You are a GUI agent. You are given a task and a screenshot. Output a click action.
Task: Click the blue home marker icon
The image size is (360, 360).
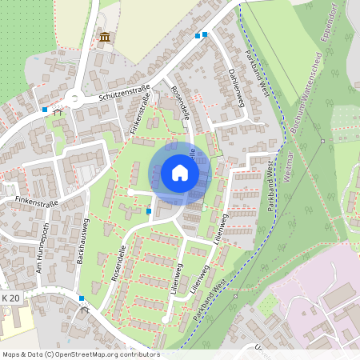(x=180, y=173)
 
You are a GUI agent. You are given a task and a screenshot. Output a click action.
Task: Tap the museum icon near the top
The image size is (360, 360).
(x=105, y=37)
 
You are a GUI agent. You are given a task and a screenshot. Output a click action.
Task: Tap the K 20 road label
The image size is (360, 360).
(x=10, y=298)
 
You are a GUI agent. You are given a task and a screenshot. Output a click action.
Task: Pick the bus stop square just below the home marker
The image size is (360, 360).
(x=150, y=211)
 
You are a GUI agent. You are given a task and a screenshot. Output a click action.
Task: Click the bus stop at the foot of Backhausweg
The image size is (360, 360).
(x=82, y=298)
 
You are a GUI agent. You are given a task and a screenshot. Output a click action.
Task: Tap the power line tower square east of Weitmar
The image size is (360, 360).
(x=323, y=142)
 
